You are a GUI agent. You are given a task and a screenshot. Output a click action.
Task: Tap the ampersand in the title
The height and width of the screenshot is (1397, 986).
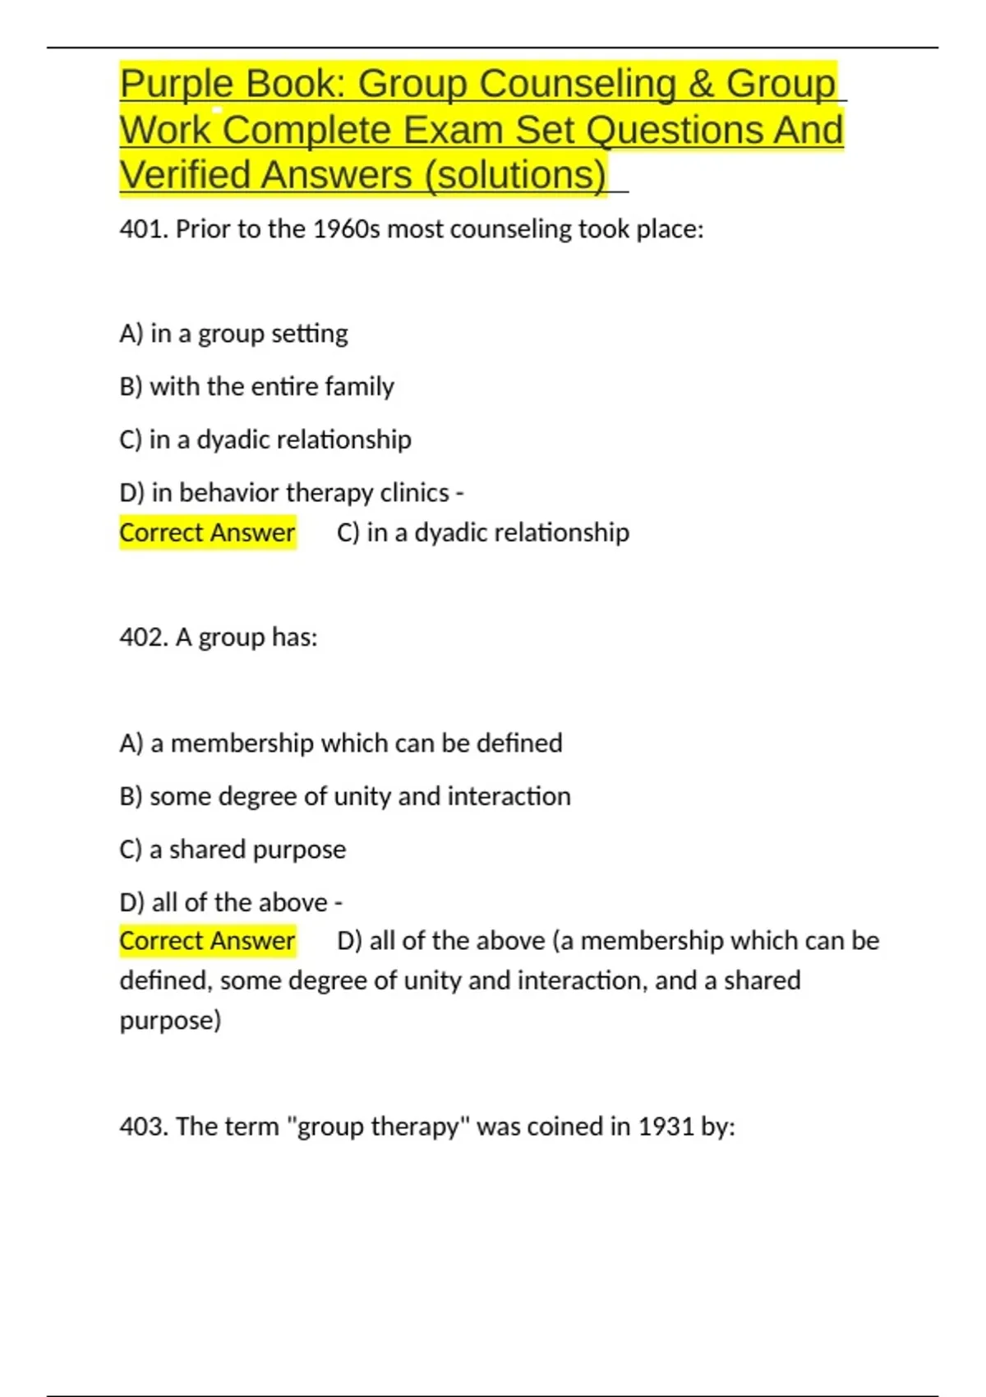pyautogui.click(x=702, y=84)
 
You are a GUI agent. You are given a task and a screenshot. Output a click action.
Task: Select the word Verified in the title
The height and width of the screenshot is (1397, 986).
pyautogui.click(x=182, y=175)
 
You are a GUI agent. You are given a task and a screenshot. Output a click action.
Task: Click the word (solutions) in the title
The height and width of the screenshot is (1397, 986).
pyautogui.click(x=516, y=175)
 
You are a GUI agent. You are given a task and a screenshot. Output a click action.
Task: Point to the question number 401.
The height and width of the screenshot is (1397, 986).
pyautogui.click(x=143, y=228)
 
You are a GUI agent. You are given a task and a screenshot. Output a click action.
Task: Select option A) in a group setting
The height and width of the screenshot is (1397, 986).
pyautogui.click(x=233, y=334)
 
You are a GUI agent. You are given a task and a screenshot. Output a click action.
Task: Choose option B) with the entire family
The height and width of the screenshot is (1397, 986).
pyautogui.click(x=256, y=386)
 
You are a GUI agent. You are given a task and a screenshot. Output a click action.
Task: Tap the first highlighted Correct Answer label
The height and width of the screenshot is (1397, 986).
pyautogui.click(x=207, y=533)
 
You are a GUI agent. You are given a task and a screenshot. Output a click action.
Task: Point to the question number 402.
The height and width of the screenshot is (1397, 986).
pyautogui.click(x=143, y=637)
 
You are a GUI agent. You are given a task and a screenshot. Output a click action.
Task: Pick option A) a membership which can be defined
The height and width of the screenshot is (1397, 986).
pyautogui.click(x=340, y=743)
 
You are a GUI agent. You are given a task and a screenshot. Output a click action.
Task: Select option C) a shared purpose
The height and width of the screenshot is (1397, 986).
pyautogui.click(x=233, y=849)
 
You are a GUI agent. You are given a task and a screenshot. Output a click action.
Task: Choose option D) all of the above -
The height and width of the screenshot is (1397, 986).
pyautogui.click(x=230, y=902)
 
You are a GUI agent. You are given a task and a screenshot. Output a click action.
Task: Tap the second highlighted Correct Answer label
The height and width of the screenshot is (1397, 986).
pyautogui.click(x=207, y=941)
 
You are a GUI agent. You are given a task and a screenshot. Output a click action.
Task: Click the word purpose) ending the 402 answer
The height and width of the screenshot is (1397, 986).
pyautogui.click(x=170, y=1021)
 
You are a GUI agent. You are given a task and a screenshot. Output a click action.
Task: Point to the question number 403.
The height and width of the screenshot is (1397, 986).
pyautogui.click(x=143, y=1126)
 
